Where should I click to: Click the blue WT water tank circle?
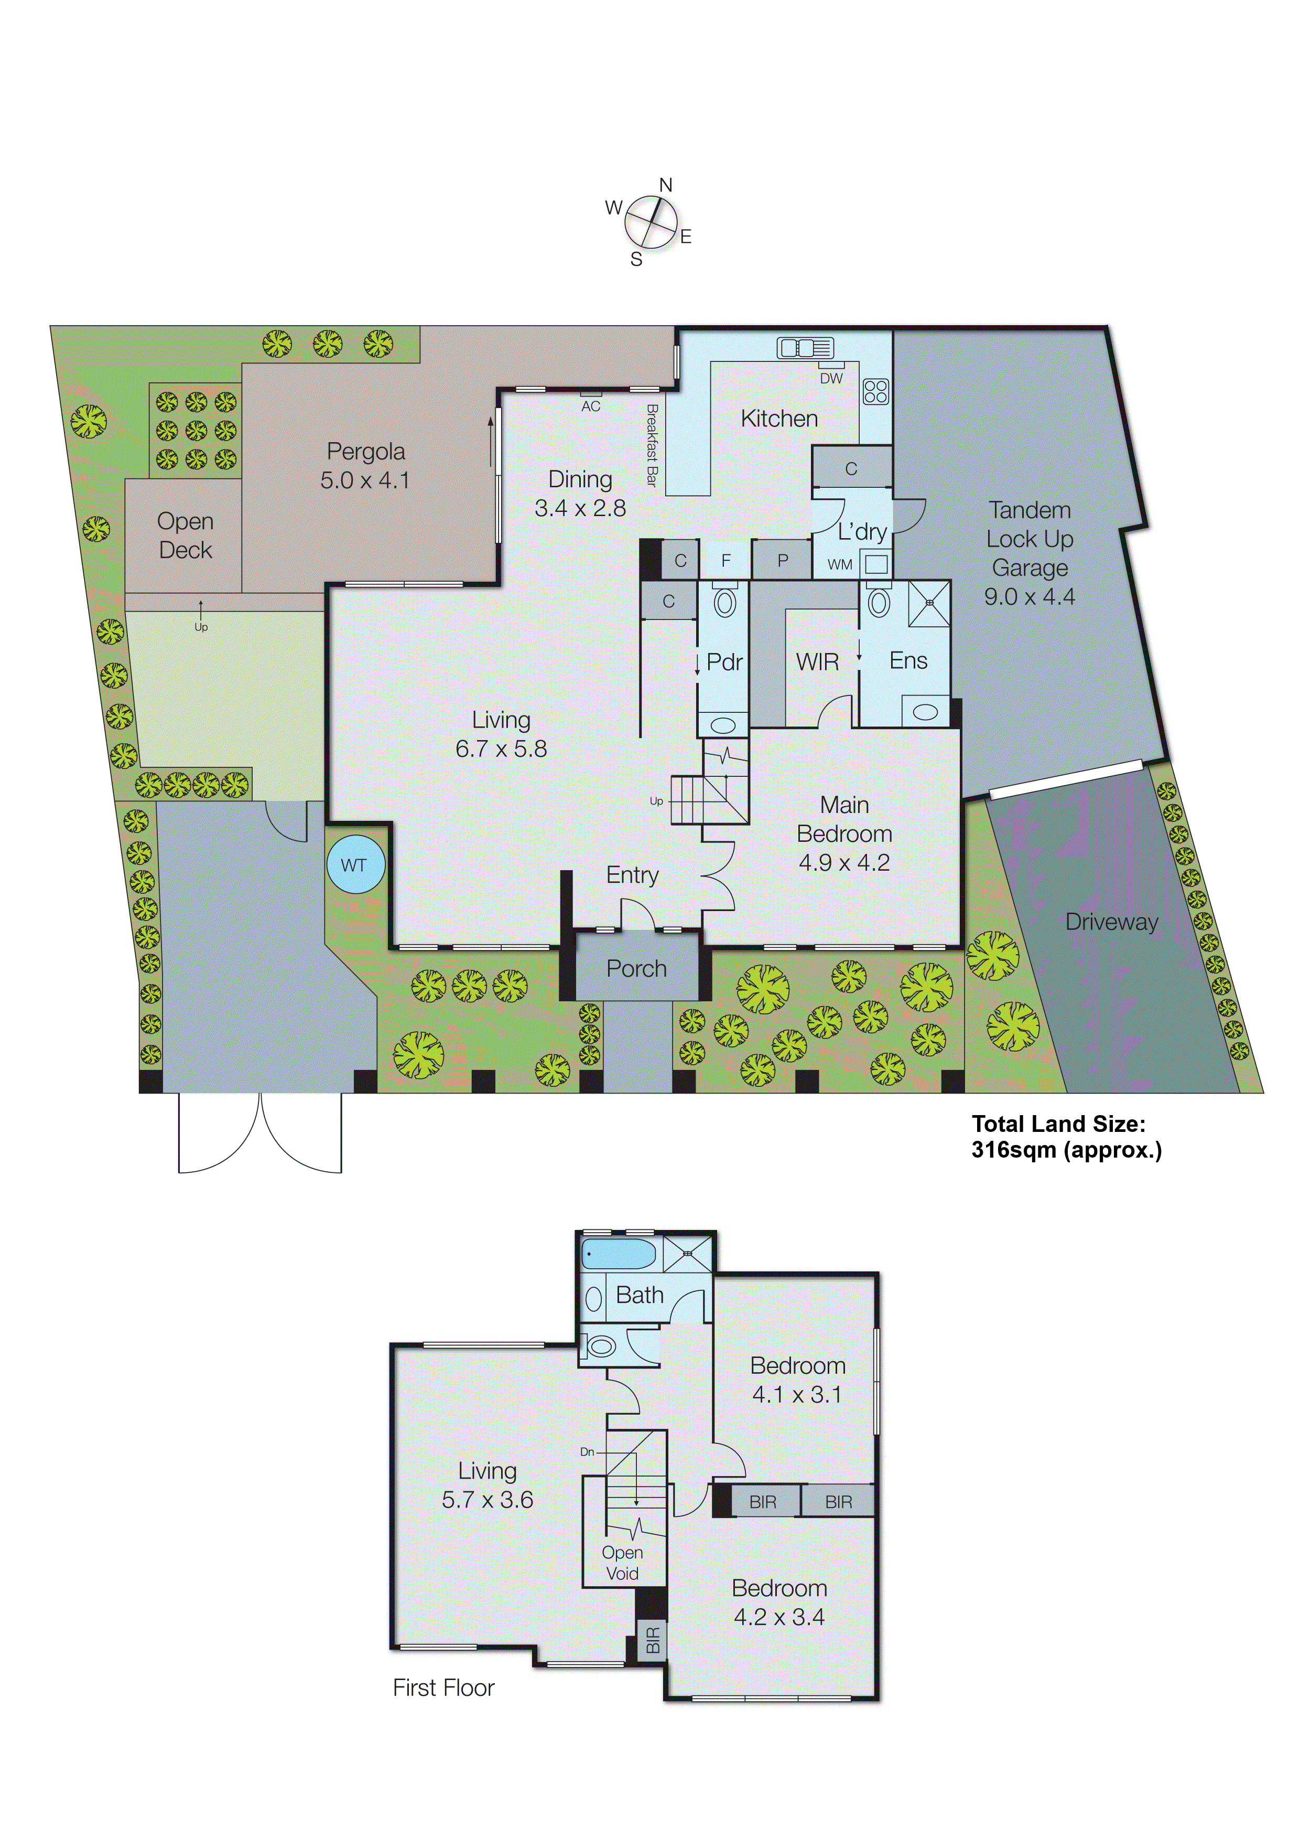pos(355,865)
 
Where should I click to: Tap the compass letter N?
pos(666,185)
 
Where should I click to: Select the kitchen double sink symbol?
pos(805,348)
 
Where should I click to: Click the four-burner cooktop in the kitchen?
pos(875,391)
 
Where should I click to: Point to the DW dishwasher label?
pos(831,378)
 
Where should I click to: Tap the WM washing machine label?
pos(839,565)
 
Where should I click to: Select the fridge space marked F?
pos(725,560)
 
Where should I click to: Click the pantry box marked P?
pos(783,560)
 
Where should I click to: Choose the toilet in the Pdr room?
pos(725,602)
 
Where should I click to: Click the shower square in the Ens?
pos(929,603)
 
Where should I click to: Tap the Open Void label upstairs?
pos(622,1563)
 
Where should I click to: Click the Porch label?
pos(636,968)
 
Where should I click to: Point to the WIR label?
pos(817,662)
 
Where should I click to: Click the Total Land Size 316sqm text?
pos(1065,1137)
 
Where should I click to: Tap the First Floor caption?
pos(443,1688)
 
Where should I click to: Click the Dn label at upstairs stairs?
pos(587,1451)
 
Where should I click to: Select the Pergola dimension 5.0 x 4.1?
pos(365,480)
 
